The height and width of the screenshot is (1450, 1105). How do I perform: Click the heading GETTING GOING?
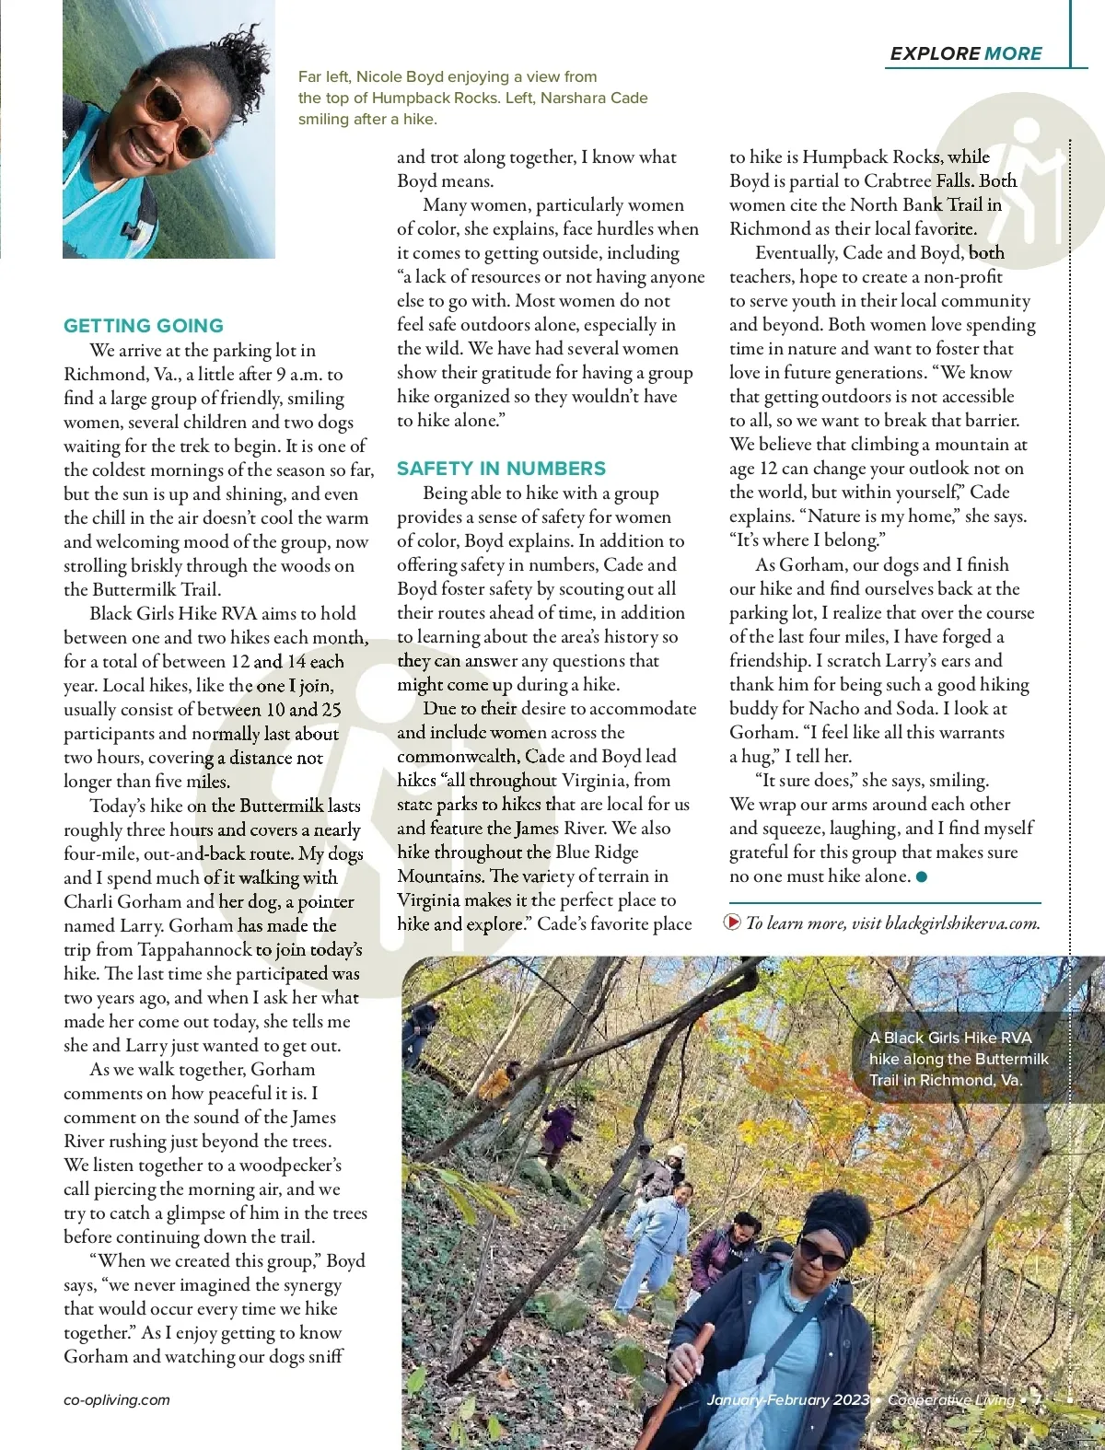pyautogui.click(x=144, y=326)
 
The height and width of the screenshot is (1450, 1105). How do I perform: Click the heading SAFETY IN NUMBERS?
pyautogui.click(x=501, y=469)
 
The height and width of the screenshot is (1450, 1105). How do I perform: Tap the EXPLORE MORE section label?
pyautogui.click(x=965, y=53)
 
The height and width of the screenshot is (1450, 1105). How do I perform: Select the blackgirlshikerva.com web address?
pyautogui.click(x=961, y=922)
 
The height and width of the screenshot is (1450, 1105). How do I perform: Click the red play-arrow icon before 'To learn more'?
pyautogui.click(x=733, y=922)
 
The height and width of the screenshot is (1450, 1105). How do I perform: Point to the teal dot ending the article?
pyautogui.click(x=922, y=876)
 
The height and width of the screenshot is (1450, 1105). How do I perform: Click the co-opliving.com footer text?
pyautogui.click(x=117, y=1399)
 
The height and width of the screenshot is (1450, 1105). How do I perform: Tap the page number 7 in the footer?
pyautogui.click(x=1037, y=1399)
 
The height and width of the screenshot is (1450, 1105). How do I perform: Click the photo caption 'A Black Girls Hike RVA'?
pyautogui.click(x=950, y=1038)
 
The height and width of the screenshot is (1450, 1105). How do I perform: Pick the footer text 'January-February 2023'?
pyautogui.click(x=788, y=1399)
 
